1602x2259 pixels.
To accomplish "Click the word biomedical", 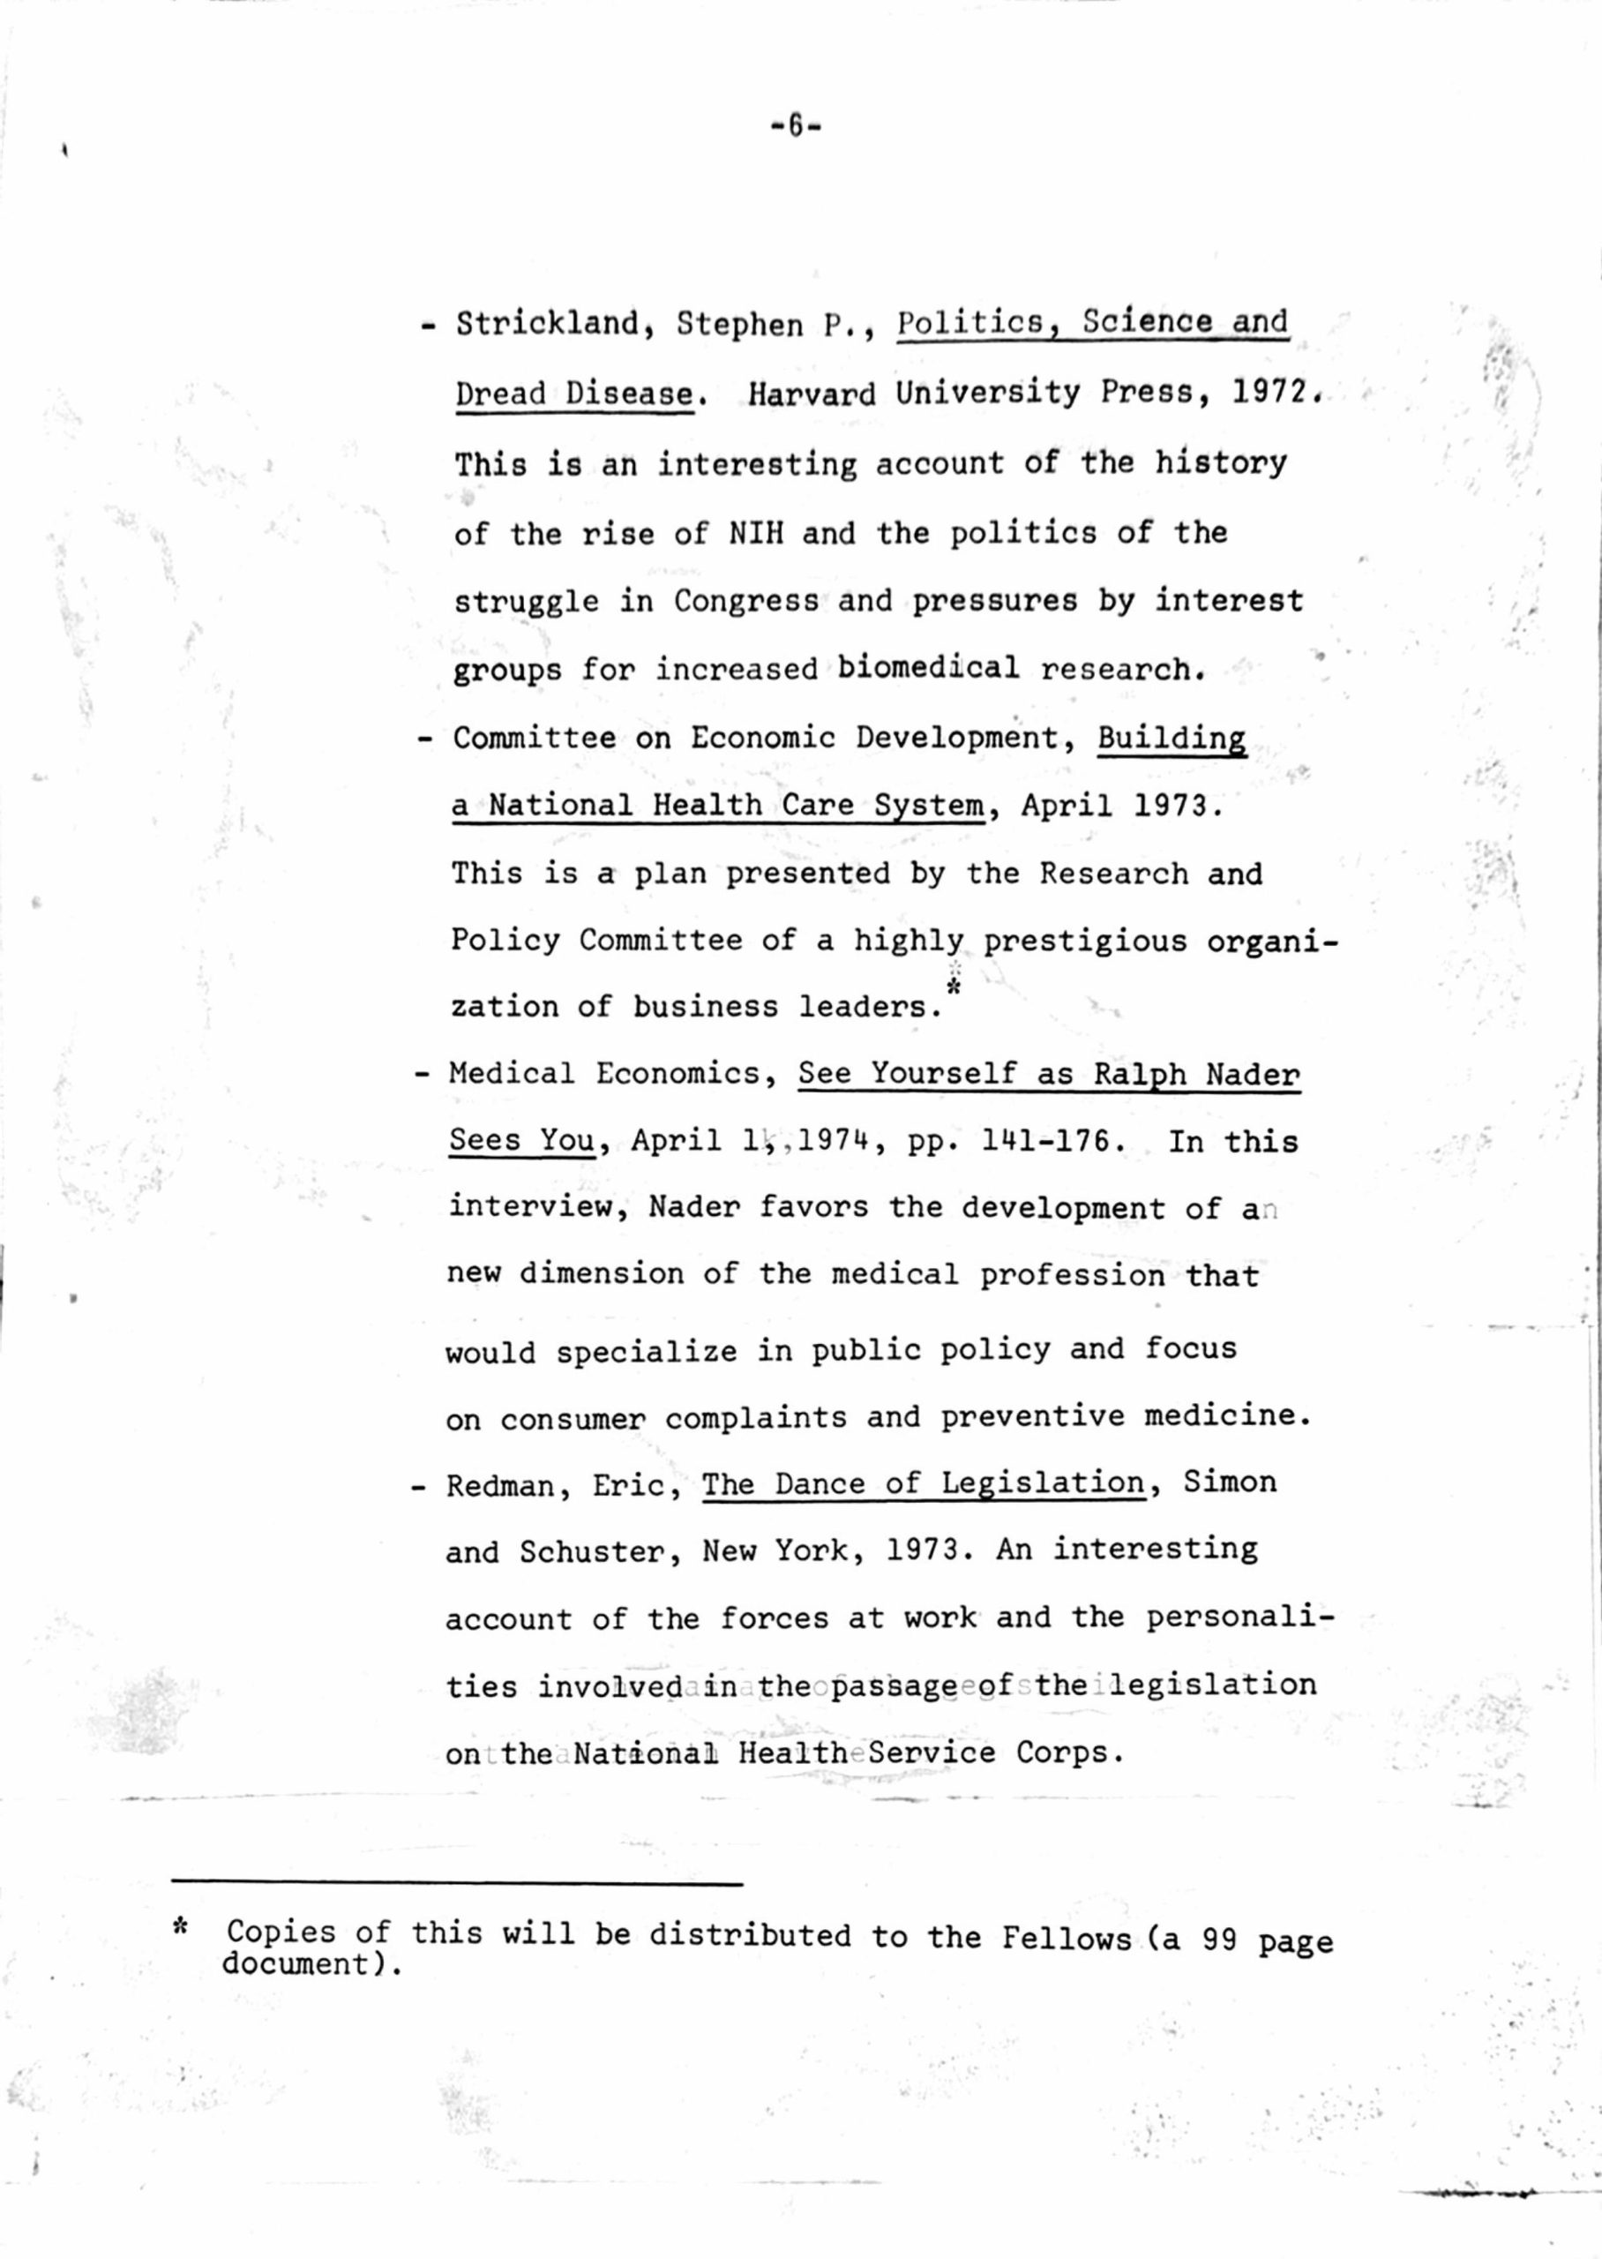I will [x=928, y=668].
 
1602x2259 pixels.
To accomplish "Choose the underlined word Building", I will [x=1171, y=739].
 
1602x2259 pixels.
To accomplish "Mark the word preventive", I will [x=1032, y=1416].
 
